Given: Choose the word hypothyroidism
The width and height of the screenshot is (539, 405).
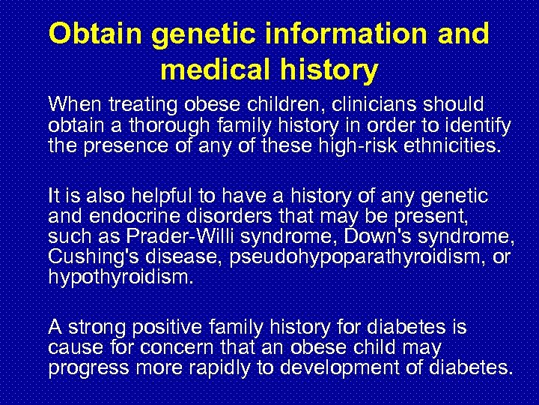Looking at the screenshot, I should [x=121, y=277].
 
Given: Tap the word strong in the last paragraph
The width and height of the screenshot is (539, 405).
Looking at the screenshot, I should [x=90, y=328].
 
